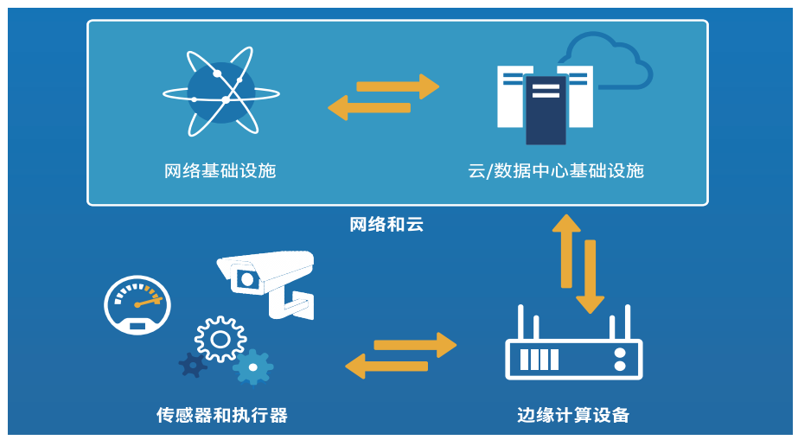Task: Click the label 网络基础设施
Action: (x=220, y=170)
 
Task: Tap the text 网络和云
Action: (x=386, y=226)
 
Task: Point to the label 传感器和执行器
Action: (x=221, y=415)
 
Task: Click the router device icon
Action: (x=573, y=350)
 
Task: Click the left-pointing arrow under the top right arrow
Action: (x=369, y=108)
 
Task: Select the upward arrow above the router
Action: (x=566, y=250)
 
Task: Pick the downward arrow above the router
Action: (x=591, y=276)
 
